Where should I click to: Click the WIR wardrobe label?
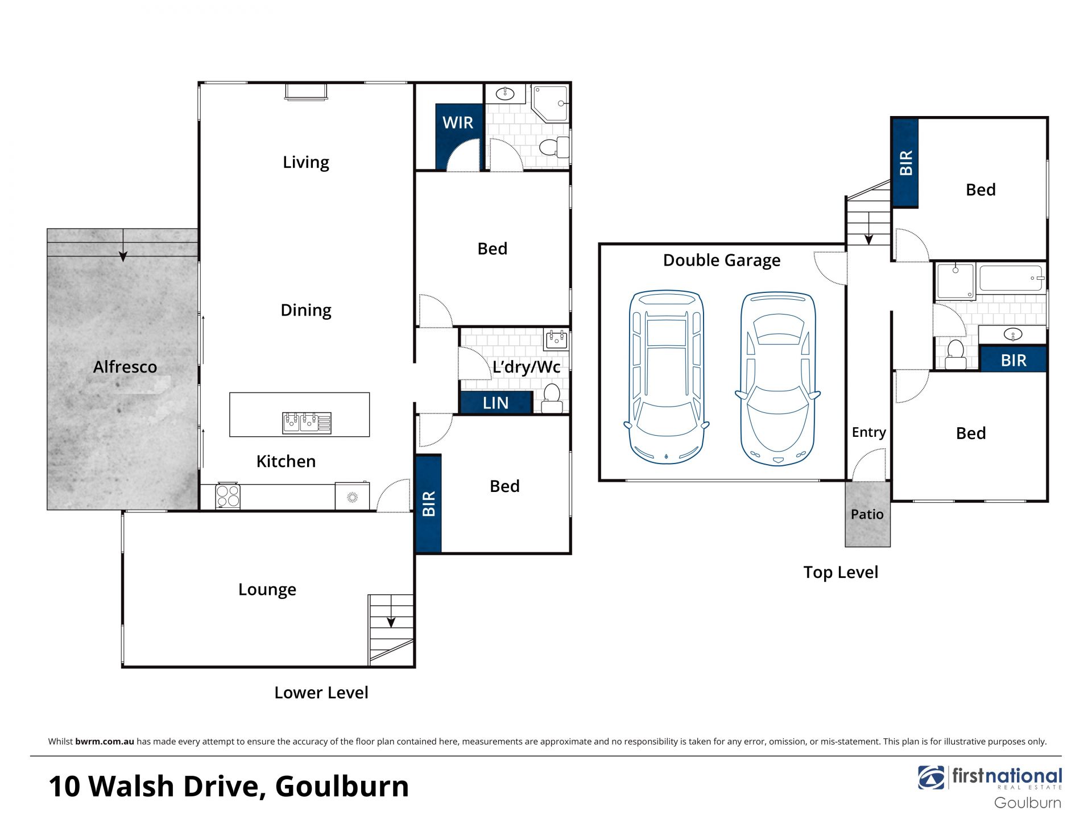(x=458, y=122)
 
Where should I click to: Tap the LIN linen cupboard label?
(x=495, y=403)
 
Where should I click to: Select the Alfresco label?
(x=125, y=367)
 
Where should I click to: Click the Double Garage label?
(x=722, y=260)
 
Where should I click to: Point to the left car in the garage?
(x=667, y=377)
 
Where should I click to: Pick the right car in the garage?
(x=777, y=379)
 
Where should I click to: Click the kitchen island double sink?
(x=307, y=423)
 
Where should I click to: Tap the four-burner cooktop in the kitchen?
(x=228, y=496)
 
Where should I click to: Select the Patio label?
(x=867, y=514)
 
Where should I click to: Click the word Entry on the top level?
(x=868, y=432)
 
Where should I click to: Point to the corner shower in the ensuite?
(x=550, y=104)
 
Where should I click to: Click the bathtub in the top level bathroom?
(x=1011, y=279)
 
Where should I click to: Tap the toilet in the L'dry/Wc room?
(x=552, y=398)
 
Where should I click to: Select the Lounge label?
(x=267, y=590)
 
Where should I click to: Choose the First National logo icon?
(x=931, y=777)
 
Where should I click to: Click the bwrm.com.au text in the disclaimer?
(x=105, y=741)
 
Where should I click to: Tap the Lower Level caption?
(x=321, y=692)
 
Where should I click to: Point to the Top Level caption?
(x=841, y=572)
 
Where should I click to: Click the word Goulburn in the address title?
(x=342, y=786)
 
